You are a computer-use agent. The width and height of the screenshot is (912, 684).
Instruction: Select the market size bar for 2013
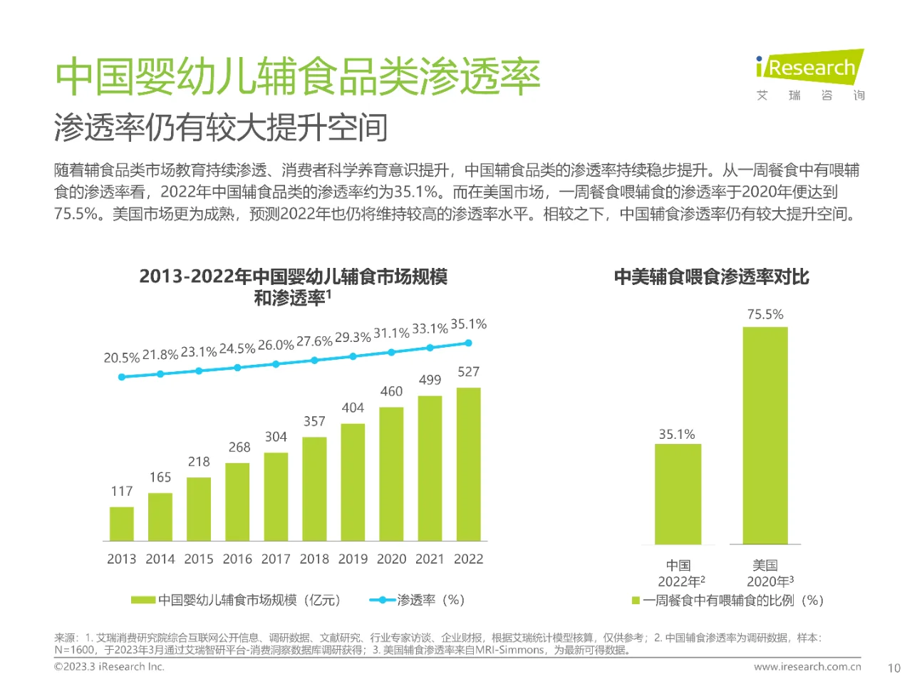coord(122,524)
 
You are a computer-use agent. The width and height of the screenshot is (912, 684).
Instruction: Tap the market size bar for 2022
coord(468,464)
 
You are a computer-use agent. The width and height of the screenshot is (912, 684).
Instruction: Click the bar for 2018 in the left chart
coord(314,489)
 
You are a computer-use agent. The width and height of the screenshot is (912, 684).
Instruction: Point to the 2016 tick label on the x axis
coord(237,559)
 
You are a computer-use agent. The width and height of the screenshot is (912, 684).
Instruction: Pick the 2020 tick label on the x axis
coord(391,559)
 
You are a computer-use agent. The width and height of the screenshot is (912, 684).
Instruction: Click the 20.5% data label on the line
coord(121,358)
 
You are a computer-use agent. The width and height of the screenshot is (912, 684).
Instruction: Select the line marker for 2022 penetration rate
coord(468,343)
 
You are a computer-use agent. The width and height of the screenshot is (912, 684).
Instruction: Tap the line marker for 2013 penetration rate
coord(122,377)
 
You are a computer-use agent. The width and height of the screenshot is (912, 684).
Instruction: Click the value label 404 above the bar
coord(353,408)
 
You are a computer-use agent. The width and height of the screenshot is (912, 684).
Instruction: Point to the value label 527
coord(468,372)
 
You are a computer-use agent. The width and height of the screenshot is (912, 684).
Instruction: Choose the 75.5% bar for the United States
coord(765,435)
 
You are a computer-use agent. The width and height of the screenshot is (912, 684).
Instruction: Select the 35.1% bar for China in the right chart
coord(678,494)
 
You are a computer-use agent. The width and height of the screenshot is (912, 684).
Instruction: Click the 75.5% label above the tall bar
coord(765,314)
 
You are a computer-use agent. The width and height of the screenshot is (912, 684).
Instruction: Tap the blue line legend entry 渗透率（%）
coord(418,600)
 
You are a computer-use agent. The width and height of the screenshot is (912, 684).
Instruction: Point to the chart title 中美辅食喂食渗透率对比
coord(711,276)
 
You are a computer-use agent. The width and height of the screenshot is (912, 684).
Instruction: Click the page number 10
coord(893,668)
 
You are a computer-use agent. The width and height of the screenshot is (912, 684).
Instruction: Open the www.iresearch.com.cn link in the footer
coord(807,667)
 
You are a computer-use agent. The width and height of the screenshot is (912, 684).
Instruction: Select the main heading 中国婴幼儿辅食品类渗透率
coord(298,76)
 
